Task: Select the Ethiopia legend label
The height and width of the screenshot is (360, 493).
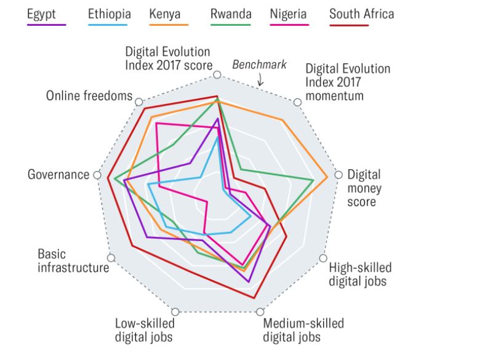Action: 108,13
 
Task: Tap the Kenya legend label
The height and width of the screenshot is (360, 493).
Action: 169,13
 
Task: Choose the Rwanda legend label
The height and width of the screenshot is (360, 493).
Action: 230,13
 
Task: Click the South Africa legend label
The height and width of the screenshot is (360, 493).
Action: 361,13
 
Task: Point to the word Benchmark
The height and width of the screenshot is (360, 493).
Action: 259,65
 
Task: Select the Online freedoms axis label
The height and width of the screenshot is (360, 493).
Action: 89,96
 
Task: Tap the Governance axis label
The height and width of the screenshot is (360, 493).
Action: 58,175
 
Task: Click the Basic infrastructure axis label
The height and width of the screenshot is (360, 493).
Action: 73,261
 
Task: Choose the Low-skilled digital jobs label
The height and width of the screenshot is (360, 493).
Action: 145,330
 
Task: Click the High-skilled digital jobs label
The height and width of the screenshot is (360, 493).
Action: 359,274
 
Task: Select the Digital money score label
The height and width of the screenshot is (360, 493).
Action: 364,187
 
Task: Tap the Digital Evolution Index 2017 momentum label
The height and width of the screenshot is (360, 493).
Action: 347,82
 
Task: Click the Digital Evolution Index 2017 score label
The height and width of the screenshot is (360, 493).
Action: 168,58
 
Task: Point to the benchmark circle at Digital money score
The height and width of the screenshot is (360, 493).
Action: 338,175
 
